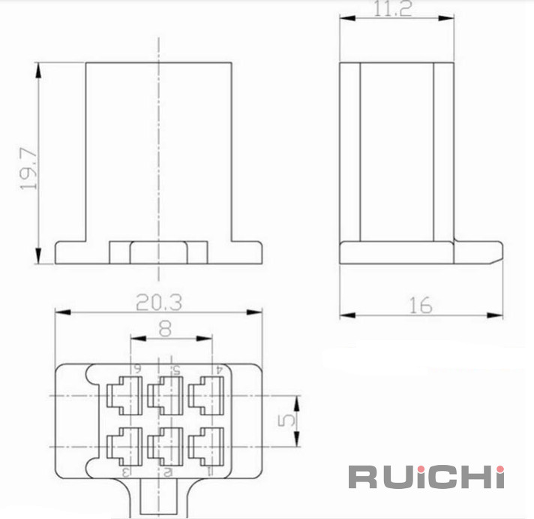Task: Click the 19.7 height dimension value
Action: point(28,168)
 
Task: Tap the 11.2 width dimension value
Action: point(393,8)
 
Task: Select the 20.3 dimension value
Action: point(159,302)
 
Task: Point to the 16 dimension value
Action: point(421,305)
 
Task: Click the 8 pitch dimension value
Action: point(166,329)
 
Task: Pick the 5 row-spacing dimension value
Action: point(286,421)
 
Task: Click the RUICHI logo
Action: point(426,477)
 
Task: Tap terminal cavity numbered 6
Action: point(124,395)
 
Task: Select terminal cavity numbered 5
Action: point(165,395)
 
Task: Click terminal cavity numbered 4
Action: point(206,395)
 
